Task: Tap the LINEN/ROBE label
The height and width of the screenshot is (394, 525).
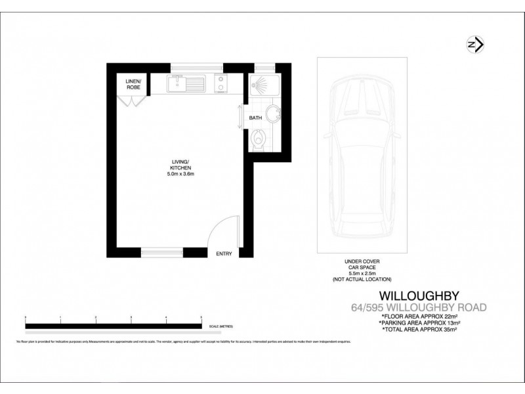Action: pyautogui.click(x=134, y=83)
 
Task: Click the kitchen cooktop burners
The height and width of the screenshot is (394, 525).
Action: pyautogui.click(x=221, y=83)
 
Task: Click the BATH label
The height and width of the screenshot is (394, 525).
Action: pyautogui.click(x=255, y=119)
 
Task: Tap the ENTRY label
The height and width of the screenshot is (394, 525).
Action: pyautogui.click(x=224, y=253)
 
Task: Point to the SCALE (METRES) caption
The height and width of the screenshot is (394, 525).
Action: pyautogui.click(x=221, y=326)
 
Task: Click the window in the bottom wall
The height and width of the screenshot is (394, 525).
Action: pyautogui.click(x=162, y=251)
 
